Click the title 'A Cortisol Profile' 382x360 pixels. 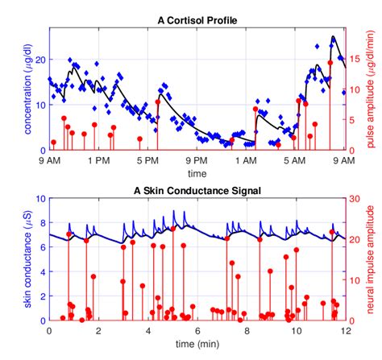tap(197, 20)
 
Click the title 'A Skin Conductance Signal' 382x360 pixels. tap(197, 191)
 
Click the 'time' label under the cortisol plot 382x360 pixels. tap(197, 173)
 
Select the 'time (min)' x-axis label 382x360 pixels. tap(197, 344)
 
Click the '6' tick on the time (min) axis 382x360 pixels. tap(197, 331)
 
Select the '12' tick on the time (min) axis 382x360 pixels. tap(345, 331)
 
